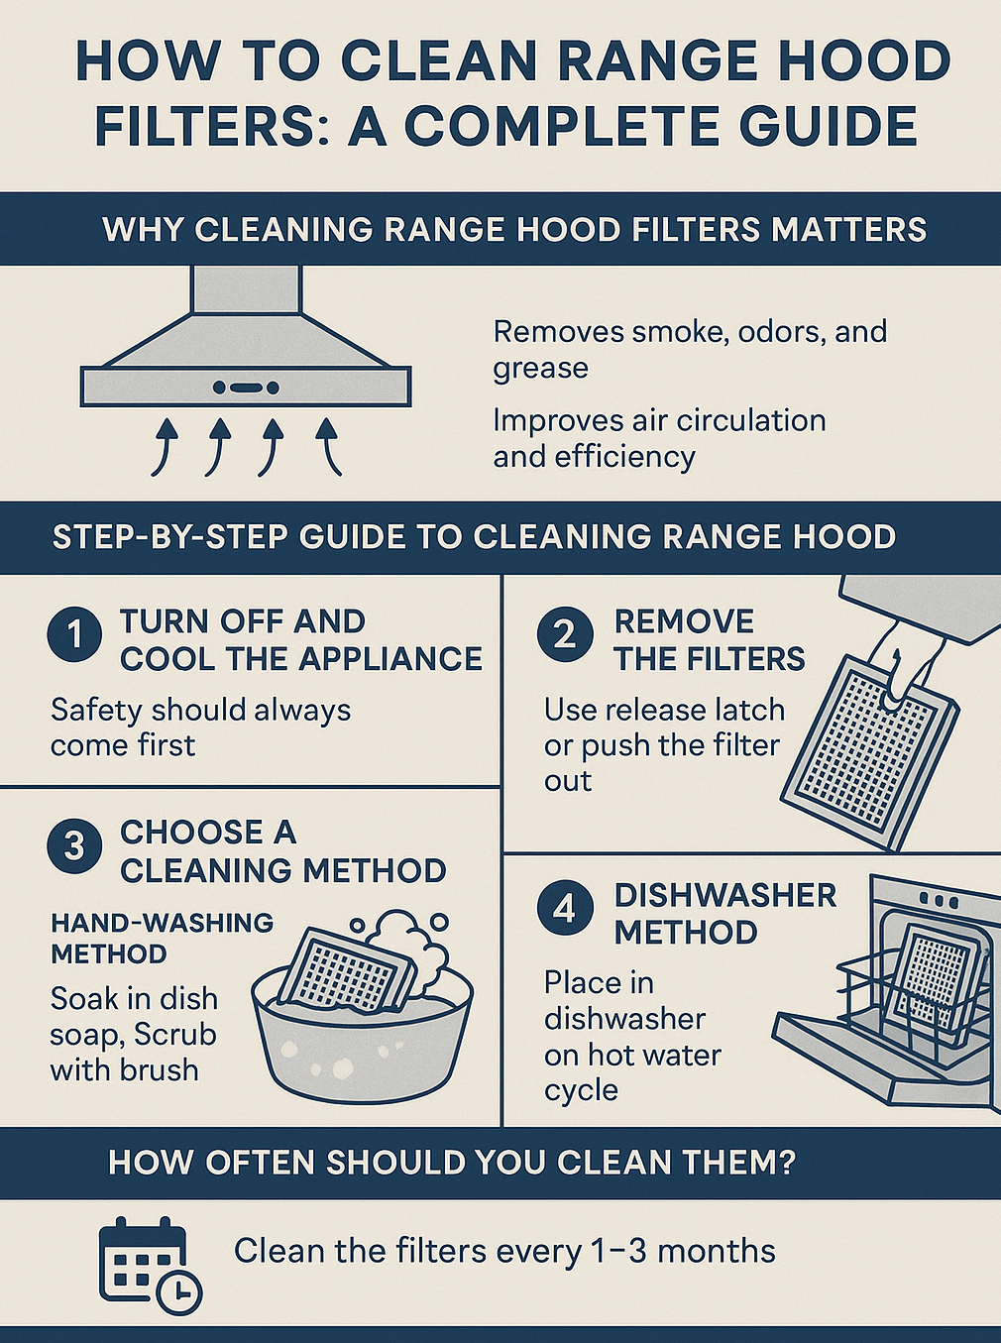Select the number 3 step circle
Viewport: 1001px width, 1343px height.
pos(74,848)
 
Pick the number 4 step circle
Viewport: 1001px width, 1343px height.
pos(565,909)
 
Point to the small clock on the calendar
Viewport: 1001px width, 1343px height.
pos(179,1291)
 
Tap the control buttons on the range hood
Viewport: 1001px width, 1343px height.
pos(246,388)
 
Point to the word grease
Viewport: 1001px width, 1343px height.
pos(541,369)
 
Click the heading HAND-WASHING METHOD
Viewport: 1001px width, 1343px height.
pos(162,938)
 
